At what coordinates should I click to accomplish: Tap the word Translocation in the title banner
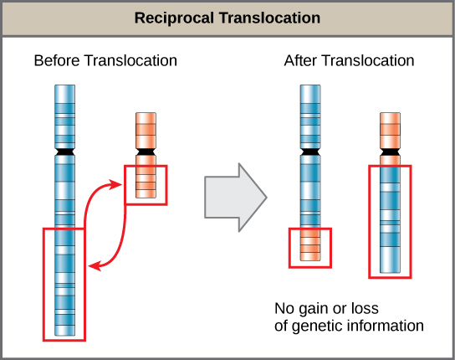269,18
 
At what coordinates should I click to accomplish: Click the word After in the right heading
302,61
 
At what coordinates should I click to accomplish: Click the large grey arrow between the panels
235,198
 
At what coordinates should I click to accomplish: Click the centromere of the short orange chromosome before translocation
146,151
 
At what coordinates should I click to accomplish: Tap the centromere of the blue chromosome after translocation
310,153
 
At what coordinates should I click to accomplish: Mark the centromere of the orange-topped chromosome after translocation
390,153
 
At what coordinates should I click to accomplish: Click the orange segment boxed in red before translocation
146,183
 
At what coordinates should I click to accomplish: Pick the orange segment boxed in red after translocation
310,248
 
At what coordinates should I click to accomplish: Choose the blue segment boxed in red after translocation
390,221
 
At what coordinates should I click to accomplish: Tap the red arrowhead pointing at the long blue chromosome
95,267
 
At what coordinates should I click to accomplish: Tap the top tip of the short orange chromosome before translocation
146,113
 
